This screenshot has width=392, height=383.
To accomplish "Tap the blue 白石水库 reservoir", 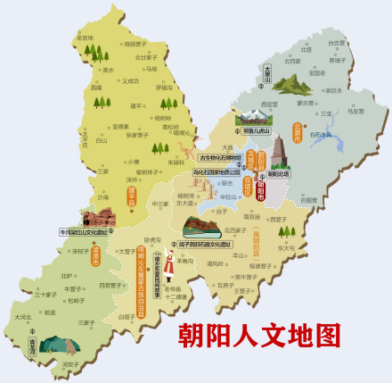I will pos(319,135).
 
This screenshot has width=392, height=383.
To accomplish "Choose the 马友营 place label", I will pos(355,112).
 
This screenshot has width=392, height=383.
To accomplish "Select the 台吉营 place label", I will pos(336,42).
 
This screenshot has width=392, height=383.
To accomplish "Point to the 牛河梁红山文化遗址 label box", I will pos(85,230).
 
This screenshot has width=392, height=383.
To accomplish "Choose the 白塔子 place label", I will pos(126,316).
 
